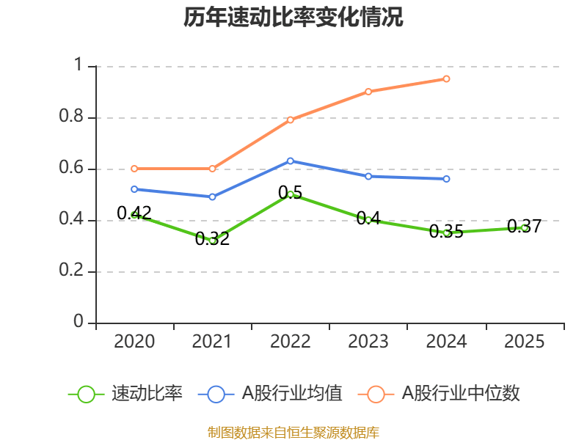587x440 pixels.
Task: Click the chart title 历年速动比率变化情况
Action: click(x=293, y=18)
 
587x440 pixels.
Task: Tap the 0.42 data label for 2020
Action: click(x=134, y=213)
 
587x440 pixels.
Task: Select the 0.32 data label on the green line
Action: click(x=212, y=239)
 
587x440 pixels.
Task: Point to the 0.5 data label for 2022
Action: click(x=290, y=192)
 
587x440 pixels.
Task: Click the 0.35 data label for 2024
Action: click(x=446, y=232)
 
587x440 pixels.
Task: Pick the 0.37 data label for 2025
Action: click(x=524, y=227)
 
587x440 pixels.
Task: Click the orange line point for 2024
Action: click(x=446, y=78)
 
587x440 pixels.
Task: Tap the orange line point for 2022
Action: click(x=290, y=120)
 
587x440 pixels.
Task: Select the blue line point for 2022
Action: click(x=290, y=161)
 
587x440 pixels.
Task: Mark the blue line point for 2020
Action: click(x=134, y=189)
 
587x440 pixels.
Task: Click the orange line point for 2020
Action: click(x=134, y=169)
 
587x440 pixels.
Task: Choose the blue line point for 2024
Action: click(x=446, y=179)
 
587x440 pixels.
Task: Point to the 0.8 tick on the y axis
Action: click(x=74, y=118)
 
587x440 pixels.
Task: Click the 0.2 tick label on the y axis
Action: click(x=74, y=272)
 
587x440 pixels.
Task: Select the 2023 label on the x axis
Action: click(x=368, y=342)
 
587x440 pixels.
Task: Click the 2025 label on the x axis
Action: click(x=524, y=342)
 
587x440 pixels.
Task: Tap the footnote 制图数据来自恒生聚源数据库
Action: click(x=293, y=432)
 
